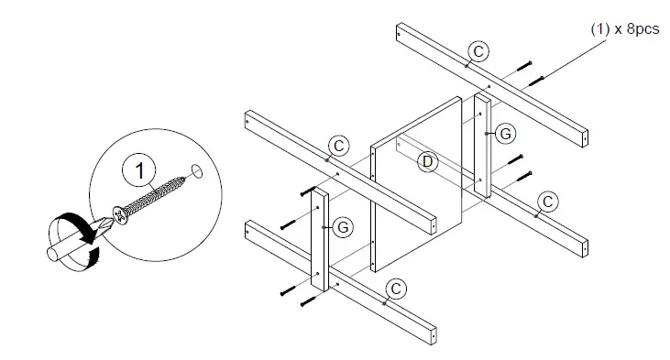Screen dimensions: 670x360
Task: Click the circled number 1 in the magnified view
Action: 138,169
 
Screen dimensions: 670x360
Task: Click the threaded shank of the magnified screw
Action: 155,195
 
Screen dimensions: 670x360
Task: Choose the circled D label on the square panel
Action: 424,163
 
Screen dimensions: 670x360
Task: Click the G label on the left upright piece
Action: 341,226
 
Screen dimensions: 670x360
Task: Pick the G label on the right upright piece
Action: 502,134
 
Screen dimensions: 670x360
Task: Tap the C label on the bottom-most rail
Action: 395,288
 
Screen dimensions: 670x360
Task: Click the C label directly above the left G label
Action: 339,146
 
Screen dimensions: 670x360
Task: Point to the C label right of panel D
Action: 547,200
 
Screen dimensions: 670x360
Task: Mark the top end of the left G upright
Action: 316,191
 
